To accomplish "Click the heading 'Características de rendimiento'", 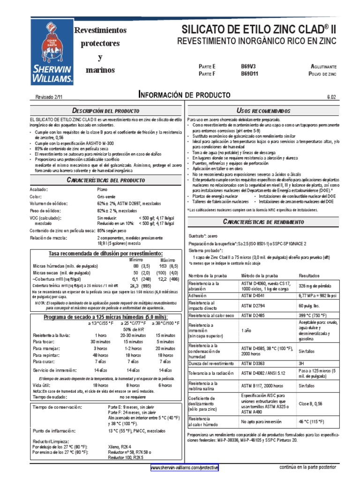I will (263, 221).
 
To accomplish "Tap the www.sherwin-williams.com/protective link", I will (184, 468).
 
